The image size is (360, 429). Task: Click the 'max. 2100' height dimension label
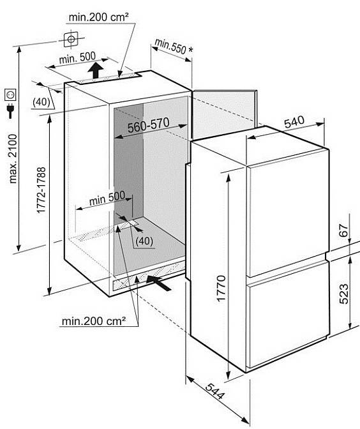(x=13, y=158)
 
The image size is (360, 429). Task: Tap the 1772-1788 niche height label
(x=41, y=190)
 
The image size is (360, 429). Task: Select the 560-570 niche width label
(x=149, y=125)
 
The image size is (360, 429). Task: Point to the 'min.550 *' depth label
(x=174, y=46)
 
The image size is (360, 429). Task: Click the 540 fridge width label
(x=294, y=122)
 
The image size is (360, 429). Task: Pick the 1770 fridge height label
(x=221, y=289)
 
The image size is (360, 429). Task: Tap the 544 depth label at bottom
(x=215, y=391)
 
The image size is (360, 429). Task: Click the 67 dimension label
(x=343, y=230)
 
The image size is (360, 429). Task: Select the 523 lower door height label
(x=344, y=294)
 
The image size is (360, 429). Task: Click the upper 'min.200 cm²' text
(x=98, y=17)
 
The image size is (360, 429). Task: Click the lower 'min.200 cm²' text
(x=94, y=321)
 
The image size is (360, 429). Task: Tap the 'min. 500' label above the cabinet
(x=77, y=57)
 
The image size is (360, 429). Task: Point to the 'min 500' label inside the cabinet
(x=107, y=198)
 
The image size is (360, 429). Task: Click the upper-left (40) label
(x=41, y=102)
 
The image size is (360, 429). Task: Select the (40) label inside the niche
(x=144, y=241)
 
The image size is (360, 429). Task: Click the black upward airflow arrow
(x=96, y=70)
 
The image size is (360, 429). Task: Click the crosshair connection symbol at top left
(x=71, y=39)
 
